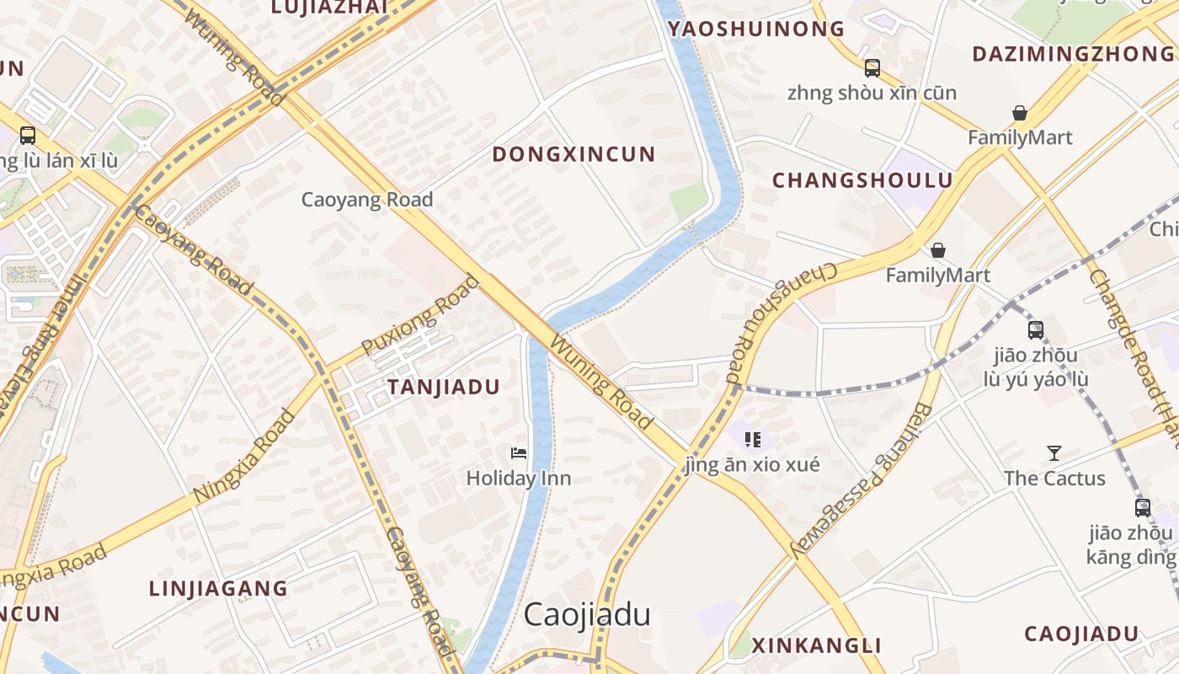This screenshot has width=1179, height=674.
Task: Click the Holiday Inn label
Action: [x=519, y=479]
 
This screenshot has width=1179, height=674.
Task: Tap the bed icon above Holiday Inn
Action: [x=519, y=453]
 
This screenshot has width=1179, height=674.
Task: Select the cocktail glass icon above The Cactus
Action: [x=1054, y=453]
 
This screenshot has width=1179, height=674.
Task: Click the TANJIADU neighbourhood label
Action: [x=443, y=388]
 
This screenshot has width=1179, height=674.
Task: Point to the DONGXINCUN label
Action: [x=573, y=155]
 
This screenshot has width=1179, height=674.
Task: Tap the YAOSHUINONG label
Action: [x=756, y=29]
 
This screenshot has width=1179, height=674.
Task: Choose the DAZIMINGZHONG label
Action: [x=1073, y=55]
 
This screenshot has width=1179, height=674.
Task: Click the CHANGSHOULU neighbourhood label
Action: [x=862, y=181]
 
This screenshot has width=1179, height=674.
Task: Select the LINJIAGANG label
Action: [x=218, y=589]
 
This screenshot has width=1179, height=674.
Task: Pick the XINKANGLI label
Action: [x=816, y=646]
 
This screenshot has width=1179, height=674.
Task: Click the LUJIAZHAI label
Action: [x=329, y=8]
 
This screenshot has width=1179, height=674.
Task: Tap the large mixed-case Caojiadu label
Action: [x=587, y=615]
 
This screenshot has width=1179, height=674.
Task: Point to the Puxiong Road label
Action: [x=420, y=316]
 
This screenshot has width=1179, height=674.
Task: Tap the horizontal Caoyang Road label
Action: [x=367, y=200]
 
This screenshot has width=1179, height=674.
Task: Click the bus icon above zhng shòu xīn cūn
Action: [x=872, y=68]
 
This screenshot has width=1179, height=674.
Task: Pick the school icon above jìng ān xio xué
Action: [x=753, y=439]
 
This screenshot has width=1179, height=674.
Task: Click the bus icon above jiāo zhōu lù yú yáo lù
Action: [x=1035, y=330]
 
